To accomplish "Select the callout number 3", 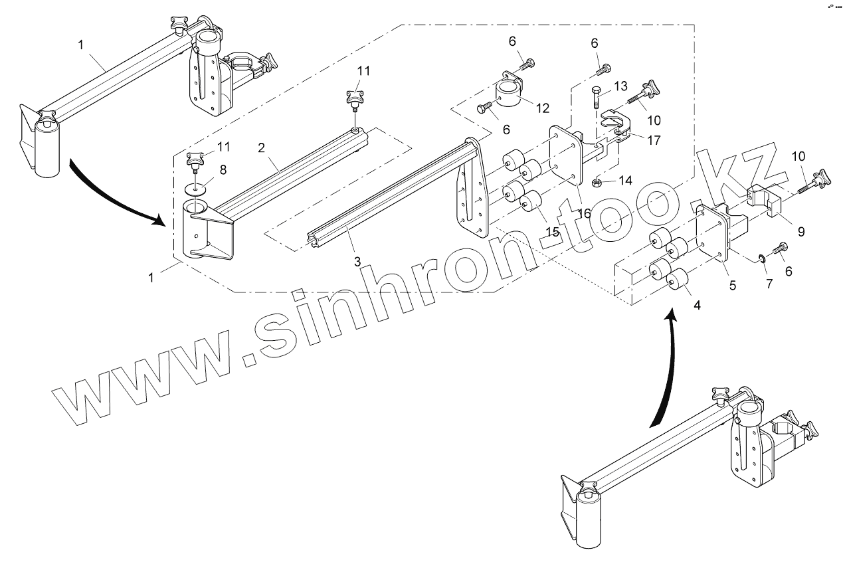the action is [357, 261].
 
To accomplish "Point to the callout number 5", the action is [732, 286].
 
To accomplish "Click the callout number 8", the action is [223, 169].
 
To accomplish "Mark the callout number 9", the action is [800, 231].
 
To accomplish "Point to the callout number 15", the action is [552, 233].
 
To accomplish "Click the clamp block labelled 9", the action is [766, 201].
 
